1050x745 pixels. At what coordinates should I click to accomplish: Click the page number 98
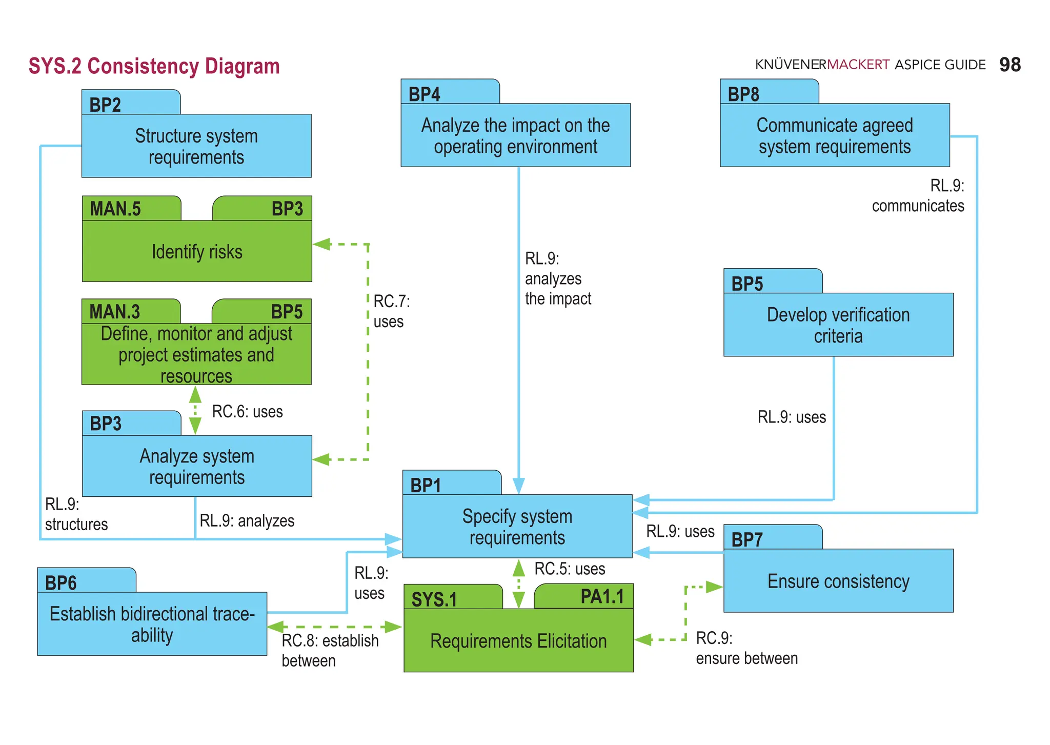1009,65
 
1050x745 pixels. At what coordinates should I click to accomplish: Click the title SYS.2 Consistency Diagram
154,66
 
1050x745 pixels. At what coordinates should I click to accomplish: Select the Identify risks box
197,251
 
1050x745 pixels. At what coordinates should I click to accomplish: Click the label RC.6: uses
247,411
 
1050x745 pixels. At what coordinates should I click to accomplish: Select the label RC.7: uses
391,311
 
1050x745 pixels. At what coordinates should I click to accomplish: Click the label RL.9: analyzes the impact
557,278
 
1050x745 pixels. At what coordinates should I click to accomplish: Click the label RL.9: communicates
918,195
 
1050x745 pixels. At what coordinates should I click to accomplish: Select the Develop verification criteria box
838,325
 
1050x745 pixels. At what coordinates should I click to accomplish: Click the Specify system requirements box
517,526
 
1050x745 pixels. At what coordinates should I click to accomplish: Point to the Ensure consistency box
838,580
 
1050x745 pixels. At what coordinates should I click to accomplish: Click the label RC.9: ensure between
746,648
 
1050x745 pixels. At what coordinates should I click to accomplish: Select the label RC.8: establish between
330,650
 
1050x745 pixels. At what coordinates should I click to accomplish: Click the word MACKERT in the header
858,65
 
